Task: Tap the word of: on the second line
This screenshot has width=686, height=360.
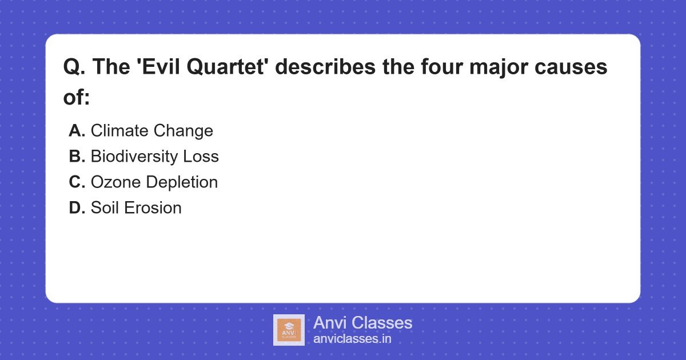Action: click(x=77, y=97)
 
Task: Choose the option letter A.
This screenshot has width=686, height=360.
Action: click(x=77, y=131)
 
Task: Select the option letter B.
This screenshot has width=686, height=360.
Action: click(x=77, y=157)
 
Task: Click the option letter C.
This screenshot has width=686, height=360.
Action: click(x=77, y=182)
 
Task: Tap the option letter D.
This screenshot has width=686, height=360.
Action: click(x=77, y=208)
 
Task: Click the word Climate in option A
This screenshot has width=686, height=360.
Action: click(x=119, y=131)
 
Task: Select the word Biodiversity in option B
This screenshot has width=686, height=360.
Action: click(x=134, y=157)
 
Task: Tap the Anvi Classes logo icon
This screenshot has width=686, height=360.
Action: click(x=289, y=330)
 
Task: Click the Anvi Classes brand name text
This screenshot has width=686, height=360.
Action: click(x=362, y=323)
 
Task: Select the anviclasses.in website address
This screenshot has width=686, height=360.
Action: click(x=352, y=339)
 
